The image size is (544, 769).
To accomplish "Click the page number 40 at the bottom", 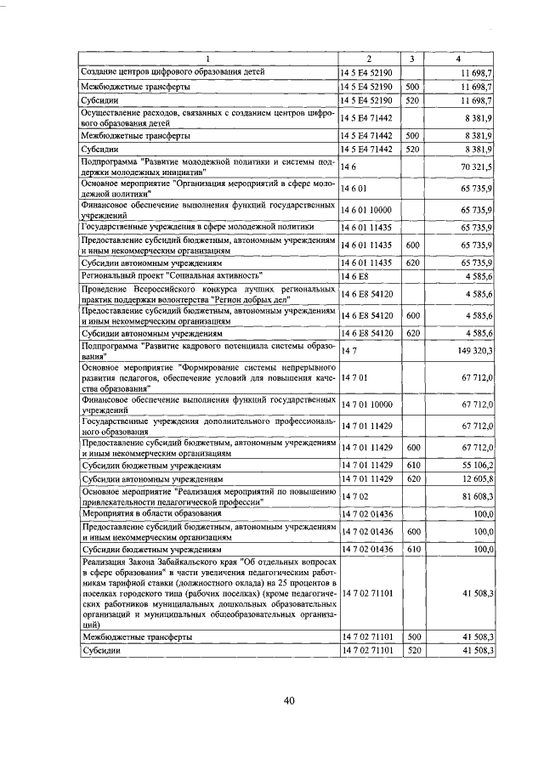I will coord(288,700).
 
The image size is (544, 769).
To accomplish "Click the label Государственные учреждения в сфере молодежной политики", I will coord(197,227).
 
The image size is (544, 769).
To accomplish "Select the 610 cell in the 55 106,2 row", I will coord(413,466).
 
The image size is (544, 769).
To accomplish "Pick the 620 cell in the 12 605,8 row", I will coord(413,479).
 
